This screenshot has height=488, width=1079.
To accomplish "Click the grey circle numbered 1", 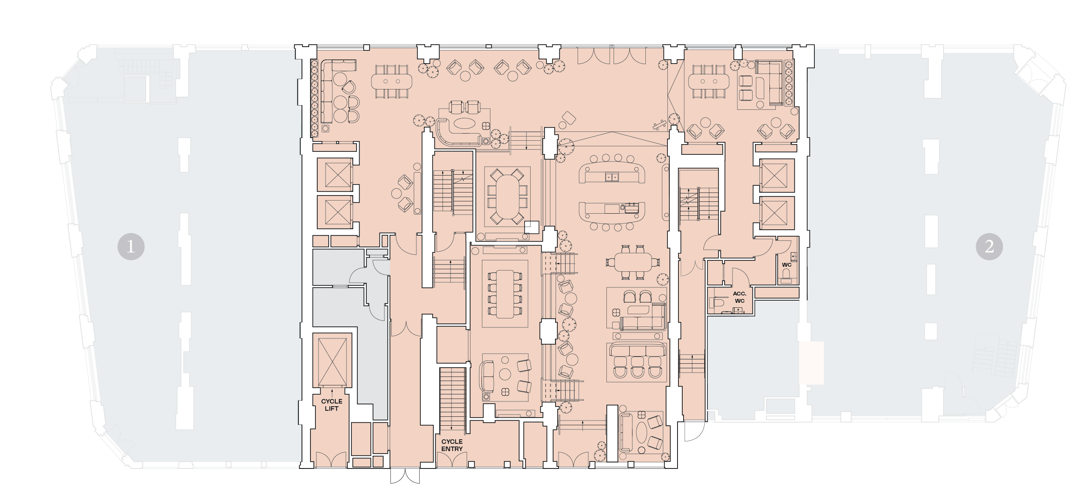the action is click(131, 246).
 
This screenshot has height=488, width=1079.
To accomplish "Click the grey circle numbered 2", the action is click(989, 246).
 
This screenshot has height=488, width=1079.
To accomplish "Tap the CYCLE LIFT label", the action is click(332, 405).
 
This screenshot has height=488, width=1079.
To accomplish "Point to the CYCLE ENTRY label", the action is click(452, 445).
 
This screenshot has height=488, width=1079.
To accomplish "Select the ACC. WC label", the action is click(739, 297).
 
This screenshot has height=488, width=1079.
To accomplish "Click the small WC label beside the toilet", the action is click(787, 265).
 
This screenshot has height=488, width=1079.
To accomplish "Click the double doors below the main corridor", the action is click(405, 475).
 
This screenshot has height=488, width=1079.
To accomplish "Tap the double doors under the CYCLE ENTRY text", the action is click(452, 460).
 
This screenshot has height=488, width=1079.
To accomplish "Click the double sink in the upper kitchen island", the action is click(611, 177).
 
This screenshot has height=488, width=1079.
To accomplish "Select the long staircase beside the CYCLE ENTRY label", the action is click(452, 400).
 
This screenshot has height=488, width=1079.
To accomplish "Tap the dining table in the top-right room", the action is click(709, 81).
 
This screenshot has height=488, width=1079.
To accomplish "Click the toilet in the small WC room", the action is click(786, 277).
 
